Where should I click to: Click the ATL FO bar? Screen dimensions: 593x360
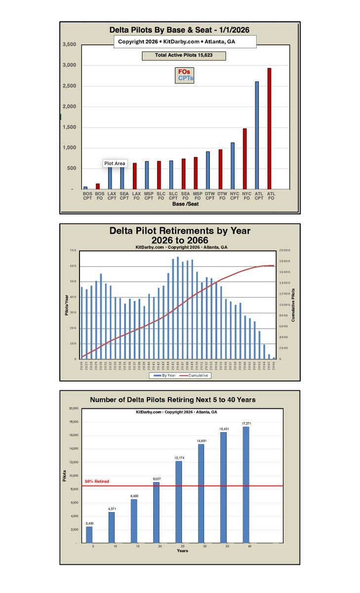(269, 128)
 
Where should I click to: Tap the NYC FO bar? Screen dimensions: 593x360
(244, 159)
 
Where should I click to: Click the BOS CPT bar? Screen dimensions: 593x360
(85, 188)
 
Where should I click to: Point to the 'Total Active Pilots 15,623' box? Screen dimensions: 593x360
(184, 56)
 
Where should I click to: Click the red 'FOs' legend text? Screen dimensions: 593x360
(184, 72)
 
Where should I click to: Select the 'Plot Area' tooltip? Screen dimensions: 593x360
(115, 164)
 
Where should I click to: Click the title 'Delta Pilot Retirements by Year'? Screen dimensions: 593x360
(180, 231)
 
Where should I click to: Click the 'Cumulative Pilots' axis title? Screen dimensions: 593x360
(293, 305)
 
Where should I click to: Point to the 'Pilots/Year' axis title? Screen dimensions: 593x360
(66, 305)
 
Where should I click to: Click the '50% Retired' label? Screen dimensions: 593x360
(97, 481)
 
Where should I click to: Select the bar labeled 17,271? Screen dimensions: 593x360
(245, 485)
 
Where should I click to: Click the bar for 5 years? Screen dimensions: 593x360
(89, 534)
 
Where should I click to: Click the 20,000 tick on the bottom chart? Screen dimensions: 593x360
(73, 409)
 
